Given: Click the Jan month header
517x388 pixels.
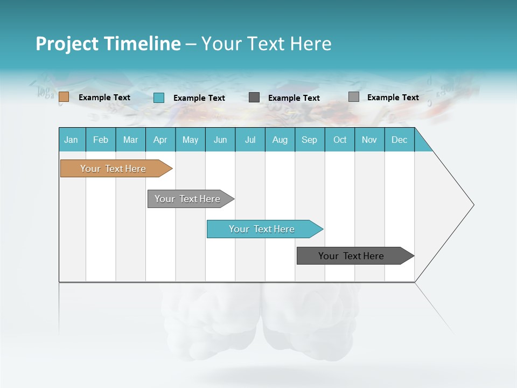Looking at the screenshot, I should (x=72, y=140).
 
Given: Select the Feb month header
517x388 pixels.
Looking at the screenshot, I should (x=101, y=140).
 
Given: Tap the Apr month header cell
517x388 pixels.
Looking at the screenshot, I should (x=160, y=140).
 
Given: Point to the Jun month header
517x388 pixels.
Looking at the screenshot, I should (x=220, y=140).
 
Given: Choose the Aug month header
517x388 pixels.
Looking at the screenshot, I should (x=280, y=140).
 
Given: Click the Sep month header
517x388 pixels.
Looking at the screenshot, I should (x=310, y=140).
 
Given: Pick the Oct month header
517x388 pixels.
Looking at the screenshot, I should (x=340, y=140).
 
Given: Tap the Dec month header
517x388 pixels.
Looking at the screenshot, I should (x=400, y=140).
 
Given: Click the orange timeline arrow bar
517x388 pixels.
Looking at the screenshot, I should (x=113, y=169).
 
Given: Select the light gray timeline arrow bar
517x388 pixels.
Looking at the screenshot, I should (x=187, y=199).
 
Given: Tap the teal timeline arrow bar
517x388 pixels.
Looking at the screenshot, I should (x=262, y=229).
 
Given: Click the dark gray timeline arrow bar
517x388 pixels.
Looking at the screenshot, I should (x=351, y=256).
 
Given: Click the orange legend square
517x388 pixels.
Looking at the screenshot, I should (x=64, y=97).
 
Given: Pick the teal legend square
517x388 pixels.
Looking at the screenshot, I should (x=159, y=98).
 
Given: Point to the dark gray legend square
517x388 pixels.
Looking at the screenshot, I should (x=254, y=98).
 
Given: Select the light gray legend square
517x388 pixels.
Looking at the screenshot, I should (x=354, y=97).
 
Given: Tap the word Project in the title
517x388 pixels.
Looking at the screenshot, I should (x=67, y=44).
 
